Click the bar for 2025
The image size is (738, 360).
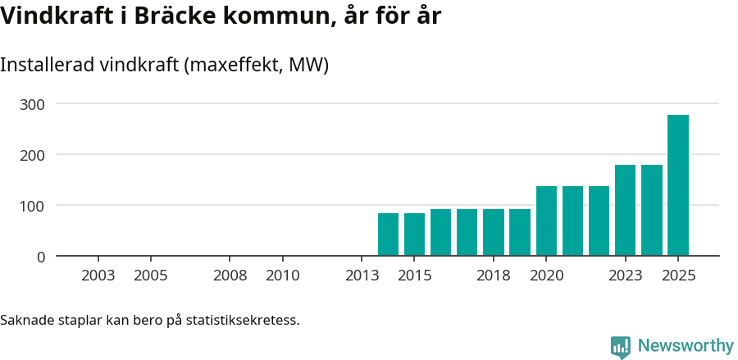pos(678,185)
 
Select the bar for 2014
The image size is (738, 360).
pos(388,235)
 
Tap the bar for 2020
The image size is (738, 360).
pos(546,221)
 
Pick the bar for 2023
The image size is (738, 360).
pos(626,210)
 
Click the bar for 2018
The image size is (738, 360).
pos(494,232)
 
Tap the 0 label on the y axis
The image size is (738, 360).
pos(41,257)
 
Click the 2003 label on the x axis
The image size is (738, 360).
pos(98,276)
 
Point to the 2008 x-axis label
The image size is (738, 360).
pos(230,276)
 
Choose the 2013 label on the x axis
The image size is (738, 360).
pos(362,276)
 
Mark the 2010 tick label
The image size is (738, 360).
pos(283,276)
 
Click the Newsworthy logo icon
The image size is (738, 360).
pos(621,346)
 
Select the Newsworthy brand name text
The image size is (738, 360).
pos(686,346)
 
